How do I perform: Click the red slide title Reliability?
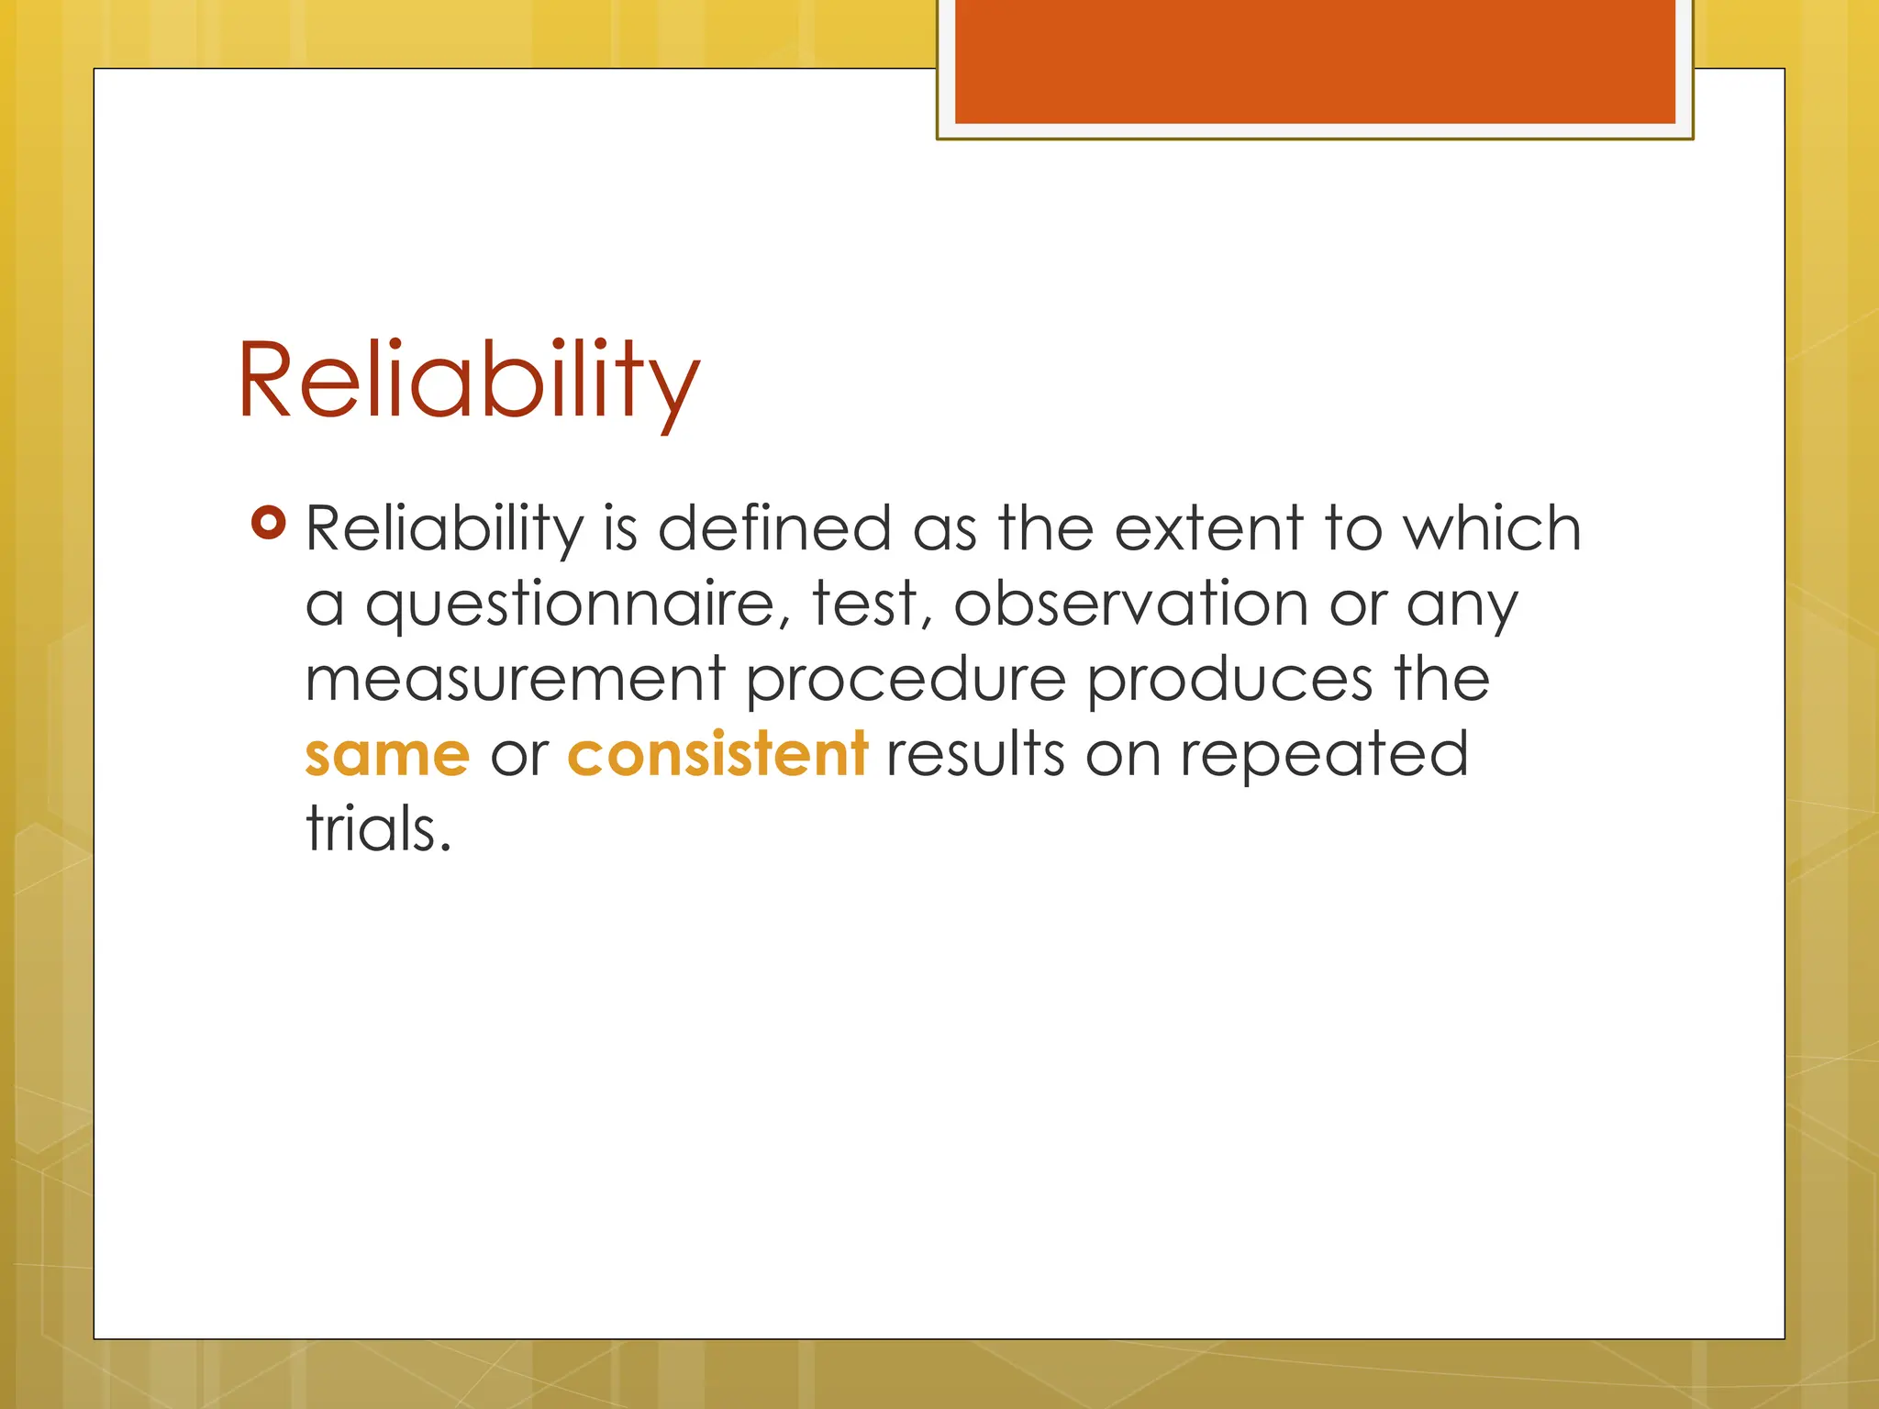click(468, 381)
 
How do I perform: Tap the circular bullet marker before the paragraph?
click(268, 524)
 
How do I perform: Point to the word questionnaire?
click(570, 605)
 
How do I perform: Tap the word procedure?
click(906, 681)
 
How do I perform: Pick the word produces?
click(1229, 681)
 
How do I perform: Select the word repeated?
click(1324, 756)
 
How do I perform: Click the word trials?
click(378, 829)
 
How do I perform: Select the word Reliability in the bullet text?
click(444, 530)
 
